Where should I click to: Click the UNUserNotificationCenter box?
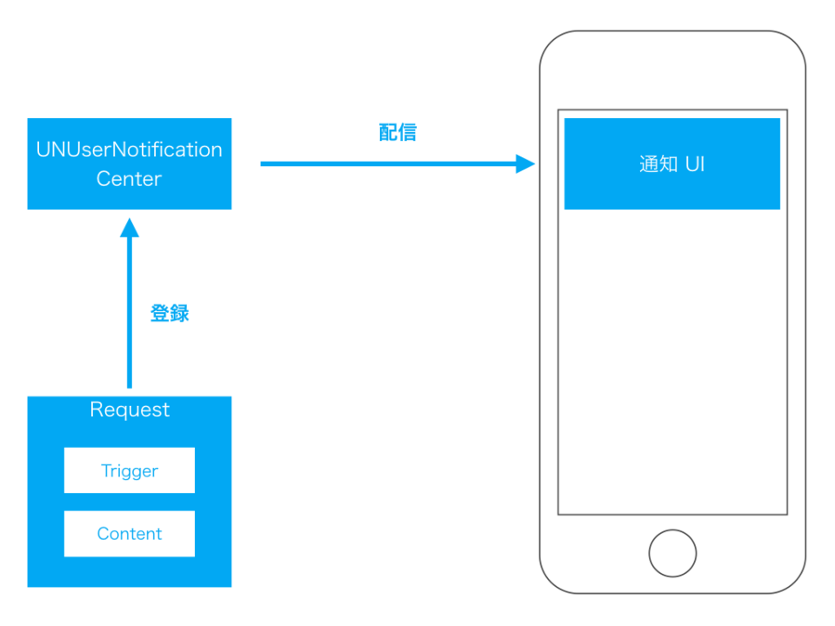click(129, 163)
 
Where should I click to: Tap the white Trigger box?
click(129, 470)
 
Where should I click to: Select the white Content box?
click(129, 534)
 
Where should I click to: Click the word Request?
click(130, 410)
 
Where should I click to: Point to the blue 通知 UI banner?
click(671, 163)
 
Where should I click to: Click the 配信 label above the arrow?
click(397, 132)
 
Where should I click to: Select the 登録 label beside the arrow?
click(170, 314)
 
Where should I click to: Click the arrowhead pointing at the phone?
click(525, 163)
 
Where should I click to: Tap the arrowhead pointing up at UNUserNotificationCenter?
click(130, 228)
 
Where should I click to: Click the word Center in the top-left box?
click(129, 179)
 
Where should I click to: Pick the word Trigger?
click(129, 470)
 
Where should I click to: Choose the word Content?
click(129, 534)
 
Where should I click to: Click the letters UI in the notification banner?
click(694, 163)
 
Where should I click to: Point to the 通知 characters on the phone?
click(658, 163)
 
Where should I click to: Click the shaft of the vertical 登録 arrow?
click(130, 313)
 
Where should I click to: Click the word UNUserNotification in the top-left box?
click(129, 150)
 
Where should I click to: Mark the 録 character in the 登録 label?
click(179, 314)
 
